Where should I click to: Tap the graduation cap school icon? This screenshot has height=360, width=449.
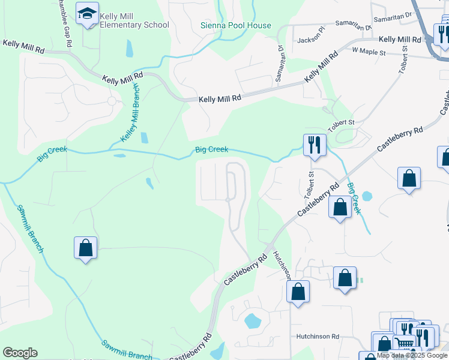[x=88, y=14]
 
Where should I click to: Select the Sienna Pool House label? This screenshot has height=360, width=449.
[x=235, y=26]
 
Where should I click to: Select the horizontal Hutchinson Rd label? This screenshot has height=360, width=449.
[x=318, y=337]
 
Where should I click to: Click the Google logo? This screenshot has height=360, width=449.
[x=20, y=353]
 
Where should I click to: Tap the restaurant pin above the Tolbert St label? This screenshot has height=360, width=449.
[x=315, y=145]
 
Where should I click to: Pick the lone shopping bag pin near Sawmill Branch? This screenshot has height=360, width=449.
[x=85, y=248]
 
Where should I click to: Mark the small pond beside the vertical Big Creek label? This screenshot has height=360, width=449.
[x=367, y=196]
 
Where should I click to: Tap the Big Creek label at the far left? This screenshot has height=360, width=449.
[x=52, y=154]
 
